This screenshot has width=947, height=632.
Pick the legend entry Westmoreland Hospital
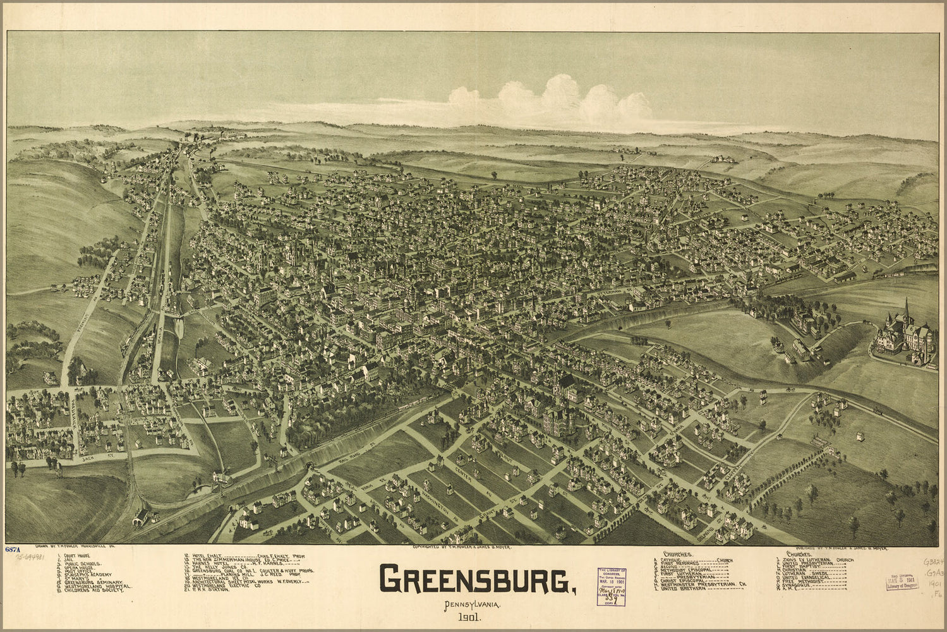click(95, 586)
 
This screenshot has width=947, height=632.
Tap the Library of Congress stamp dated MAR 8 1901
click(902, 579)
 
